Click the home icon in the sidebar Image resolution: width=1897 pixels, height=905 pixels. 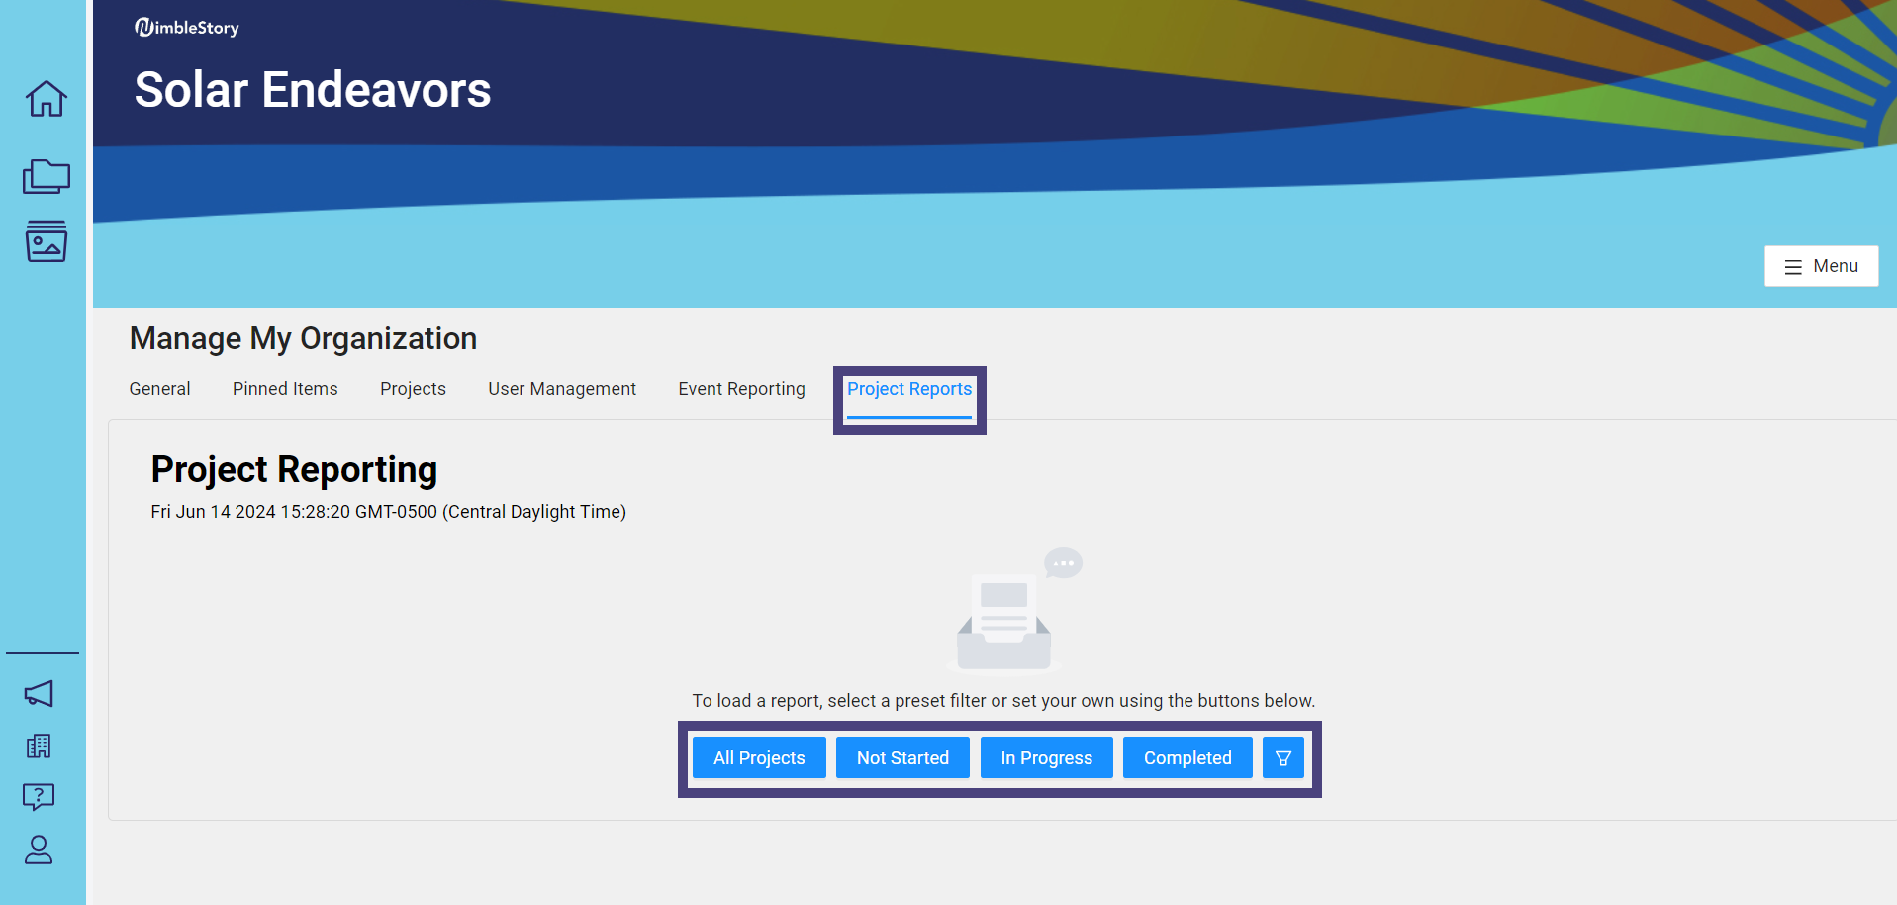tap(47, 98)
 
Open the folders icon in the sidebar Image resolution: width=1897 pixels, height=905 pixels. tap(47, 176)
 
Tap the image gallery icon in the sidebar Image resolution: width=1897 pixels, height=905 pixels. tap(47, 240)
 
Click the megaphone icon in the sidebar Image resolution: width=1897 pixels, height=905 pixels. tap(39, 693)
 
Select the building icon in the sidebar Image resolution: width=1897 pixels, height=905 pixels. tap(39, 746)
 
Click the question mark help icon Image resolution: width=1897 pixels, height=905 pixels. tap(39, 796)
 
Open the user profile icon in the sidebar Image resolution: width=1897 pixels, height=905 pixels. tap(39, 850)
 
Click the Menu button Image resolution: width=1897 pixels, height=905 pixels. tap(1821, 266)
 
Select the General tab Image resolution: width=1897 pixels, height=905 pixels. tap(159, 389)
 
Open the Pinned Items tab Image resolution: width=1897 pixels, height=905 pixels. tap(285, 389)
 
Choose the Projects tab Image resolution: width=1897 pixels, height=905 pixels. tap(413, 389)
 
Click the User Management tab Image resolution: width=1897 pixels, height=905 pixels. tap(562, 389)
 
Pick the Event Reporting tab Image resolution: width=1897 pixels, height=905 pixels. tap(741, 389)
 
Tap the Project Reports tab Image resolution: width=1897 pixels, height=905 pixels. tap(909, 389)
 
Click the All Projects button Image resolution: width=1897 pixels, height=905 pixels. tap(759, 758)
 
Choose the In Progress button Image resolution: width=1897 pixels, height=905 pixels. tap(1046, 758)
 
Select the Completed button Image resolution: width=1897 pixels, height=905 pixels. tap(1187, 758)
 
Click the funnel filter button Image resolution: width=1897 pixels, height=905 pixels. tap(1283, 758)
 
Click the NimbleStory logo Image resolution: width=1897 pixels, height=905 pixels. tap(187, 28)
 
